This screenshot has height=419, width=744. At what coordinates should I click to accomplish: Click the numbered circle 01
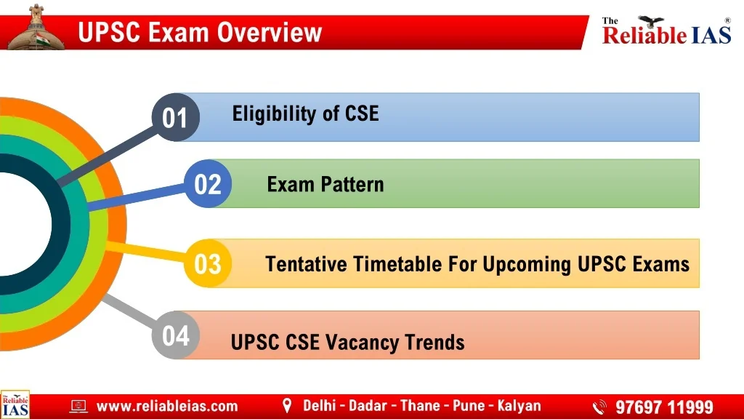click(x=176, y=117)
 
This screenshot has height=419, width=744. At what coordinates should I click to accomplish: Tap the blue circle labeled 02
click(x=208, y=183)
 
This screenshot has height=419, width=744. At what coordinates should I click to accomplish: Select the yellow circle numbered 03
click(x=208, y=263)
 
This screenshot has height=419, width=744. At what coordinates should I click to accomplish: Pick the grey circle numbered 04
click(x=176, y=335)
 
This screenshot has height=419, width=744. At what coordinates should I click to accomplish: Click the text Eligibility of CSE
click(x=306, y=114)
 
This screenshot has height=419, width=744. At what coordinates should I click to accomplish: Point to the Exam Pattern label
click(x=325, y=184)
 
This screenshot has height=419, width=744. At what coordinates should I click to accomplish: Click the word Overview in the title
click(x=270, y=32)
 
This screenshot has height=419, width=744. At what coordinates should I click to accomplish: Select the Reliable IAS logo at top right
click(x=667, y=31)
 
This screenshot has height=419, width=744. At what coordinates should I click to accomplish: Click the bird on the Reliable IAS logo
click(x=651, y=21)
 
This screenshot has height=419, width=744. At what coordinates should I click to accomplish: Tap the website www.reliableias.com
click(x=167, y=406)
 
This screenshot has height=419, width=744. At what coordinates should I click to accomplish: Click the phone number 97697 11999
click(x=664, y=407)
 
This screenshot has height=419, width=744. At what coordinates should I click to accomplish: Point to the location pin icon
click(x=286, y=406)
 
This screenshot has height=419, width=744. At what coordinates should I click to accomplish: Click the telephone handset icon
click(x=599, y=407)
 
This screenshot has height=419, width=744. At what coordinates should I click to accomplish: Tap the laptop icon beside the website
click(x=78, y=406)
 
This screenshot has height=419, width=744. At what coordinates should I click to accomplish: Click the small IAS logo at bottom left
click(x=15, y=404)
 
